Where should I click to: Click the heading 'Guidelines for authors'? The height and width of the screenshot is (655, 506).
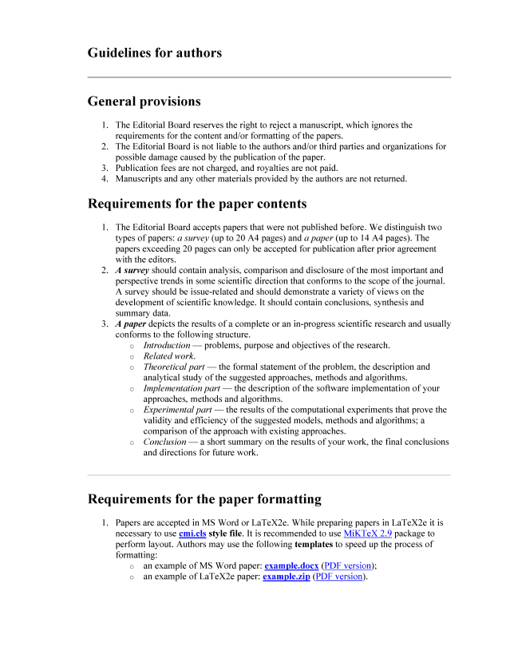pyautogui.click(x=154, y=53)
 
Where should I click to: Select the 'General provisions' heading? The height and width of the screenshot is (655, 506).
pyautogui.click(x=144, y=101)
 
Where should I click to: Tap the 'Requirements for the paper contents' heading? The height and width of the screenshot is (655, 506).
pyautogui.click(x=196, y=203)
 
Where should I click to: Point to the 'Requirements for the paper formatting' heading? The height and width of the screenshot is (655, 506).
pyautogui.click(x=204, y=499)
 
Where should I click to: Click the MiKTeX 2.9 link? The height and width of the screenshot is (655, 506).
pyautogui.click(x=367, y=533)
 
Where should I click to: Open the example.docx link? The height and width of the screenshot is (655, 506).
pyautogui.click(x=291, y=565)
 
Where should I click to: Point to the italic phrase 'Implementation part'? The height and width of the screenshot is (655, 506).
pyautogui.click(x=182, y=388)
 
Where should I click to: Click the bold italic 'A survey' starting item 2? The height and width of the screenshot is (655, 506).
pyautogui.click(x=132, y=271)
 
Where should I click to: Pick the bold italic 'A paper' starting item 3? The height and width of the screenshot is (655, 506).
pyautogui.click(x=130, y=324)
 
